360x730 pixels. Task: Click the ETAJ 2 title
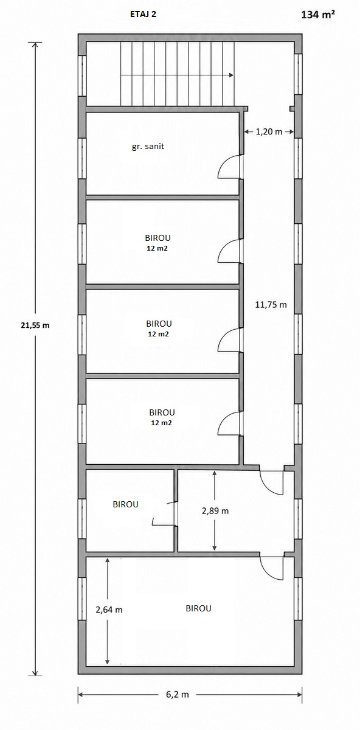(143, 15)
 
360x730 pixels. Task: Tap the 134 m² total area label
(318, 15)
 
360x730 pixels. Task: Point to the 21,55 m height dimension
(35, 325)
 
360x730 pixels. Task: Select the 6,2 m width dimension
(178, 695)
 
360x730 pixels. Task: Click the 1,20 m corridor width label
(269, 131)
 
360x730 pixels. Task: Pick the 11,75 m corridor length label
(271, 305)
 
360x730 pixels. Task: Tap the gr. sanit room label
(148, 147)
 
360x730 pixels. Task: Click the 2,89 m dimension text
(215, 510)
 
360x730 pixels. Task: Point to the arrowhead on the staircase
(231, 75)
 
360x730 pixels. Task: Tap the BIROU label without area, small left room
(125, 504)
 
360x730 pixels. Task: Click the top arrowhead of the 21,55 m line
(35, 45)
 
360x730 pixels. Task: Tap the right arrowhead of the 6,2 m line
(299, 694)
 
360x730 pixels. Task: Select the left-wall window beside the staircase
(82, 75)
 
